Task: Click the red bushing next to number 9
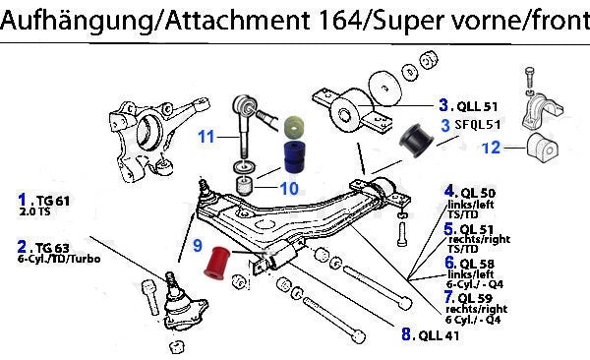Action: (216, 264)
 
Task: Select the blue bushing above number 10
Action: (294, 157)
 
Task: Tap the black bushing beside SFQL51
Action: (417, 140)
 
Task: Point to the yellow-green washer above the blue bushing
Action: (294, 128)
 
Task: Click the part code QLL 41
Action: (439, 335)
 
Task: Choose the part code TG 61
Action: (53, 201)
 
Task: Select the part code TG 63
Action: (52, 248)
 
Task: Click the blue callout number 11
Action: (206, 137)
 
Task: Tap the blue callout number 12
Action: (491, 148)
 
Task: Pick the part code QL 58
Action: (477, 264)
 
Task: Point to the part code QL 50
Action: (478, 194)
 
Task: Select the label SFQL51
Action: (478, 125)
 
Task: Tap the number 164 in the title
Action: (338, 20)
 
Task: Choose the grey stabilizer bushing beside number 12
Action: (543, 148)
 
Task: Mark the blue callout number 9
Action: (198, 246)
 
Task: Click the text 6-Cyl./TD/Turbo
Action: (59, 259)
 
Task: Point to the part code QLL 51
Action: (477, 106)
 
